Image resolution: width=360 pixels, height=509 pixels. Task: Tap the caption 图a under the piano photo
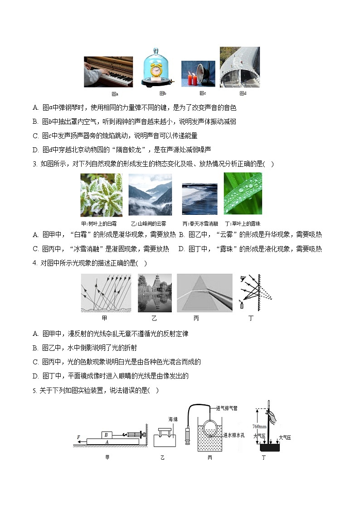pos(115,94)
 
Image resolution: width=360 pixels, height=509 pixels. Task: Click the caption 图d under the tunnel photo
pos(242,93)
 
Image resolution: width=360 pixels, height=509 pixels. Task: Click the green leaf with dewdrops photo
pos(243,194)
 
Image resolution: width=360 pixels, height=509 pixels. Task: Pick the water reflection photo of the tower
pos(155,293)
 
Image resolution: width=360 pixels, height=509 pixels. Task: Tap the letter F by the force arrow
pos(78,437)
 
